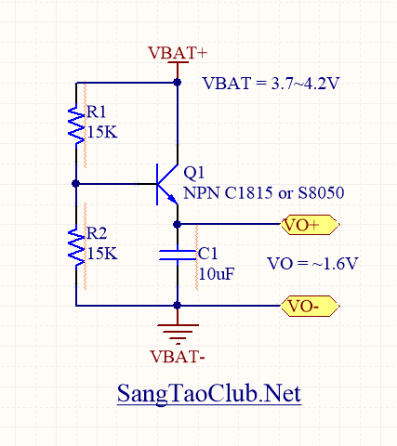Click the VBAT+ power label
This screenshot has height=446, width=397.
point(178,53)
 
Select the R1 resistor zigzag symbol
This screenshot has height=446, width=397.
point(76,125)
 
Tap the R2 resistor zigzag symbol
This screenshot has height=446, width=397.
point(76,246)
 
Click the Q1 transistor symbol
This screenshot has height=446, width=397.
point(166,184)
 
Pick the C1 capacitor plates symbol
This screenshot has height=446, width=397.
point(178,255)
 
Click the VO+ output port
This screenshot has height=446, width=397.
point(310,225)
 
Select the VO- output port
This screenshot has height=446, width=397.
point(310,306)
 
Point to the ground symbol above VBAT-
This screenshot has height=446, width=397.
point(178,334)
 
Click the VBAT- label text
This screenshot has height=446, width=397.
point(178,357)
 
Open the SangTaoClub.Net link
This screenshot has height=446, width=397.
point(209,394)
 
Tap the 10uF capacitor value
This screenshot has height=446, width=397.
point(217,274)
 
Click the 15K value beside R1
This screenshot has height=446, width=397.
point(102,132)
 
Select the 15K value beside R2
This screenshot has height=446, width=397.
point(102,254)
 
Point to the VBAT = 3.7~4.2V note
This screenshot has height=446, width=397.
point(271,84)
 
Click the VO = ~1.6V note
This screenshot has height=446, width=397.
point(312,264)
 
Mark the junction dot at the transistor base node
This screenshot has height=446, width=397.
point(76,184)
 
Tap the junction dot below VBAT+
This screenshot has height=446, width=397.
point(178,83)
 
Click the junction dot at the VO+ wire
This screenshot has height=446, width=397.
point(178,224)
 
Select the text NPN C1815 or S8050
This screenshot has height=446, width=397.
point(264,193)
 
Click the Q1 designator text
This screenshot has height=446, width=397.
point(194,173)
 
